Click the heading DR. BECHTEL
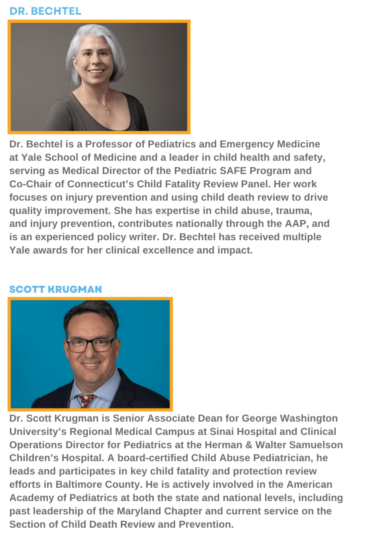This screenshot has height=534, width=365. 45,11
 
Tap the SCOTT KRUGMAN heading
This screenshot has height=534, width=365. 56,289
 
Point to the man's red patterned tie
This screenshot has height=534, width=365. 86,400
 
